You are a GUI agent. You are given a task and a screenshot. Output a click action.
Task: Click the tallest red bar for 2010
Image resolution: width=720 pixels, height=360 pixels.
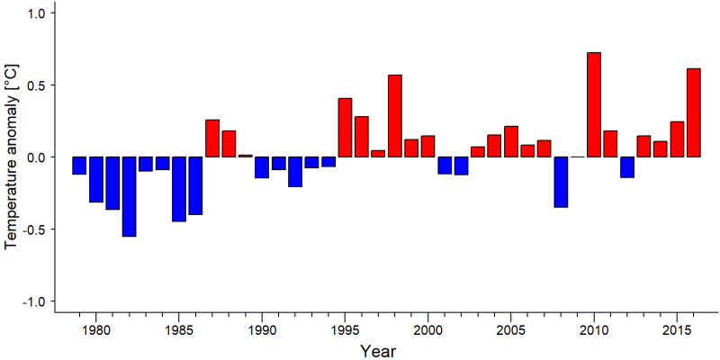(594, 104)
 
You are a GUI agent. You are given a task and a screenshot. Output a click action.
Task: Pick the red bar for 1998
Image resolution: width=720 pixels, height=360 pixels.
(395, 116)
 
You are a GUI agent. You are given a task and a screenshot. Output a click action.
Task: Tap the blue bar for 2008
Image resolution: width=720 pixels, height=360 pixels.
(561, 182)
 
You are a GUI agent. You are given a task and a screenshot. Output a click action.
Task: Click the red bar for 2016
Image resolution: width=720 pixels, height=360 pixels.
(694, 112)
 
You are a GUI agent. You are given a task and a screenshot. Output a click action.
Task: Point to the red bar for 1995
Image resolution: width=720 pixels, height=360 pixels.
(345, 128)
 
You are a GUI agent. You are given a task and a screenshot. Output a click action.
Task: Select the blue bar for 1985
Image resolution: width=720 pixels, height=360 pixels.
(178, 189)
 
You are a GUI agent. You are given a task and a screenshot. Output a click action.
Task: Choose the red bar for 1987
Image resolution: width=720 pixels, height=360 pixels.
(212, 139)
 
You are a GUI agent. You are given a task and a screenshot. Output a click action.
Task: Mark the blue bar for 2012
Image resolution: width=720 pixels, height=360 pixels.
(627, 167)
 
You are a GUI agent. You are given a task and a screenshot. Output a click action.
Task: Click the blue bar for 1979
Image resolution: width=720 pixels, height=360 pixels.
(79, 166)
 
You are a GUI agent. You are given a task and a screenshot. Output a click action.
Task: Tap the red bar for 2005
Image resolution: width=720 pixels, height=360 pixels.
(511, 141)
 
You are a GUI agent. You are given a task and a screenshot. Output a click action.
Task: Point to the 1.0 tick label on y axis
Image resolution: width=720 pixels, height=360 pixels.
(33, 13)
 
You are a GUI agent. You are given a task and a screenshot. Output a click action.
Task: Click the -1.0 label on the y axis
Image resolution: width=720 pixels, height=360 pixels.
(31, 301)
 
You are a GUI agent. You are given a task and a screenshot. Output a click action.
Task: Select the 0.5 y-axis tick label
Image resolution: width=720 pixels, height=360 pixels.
(33, 85)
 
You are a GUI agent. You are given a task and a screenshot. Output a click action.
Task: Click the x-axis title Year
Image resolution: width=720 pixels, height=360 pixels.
(377, 351)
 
